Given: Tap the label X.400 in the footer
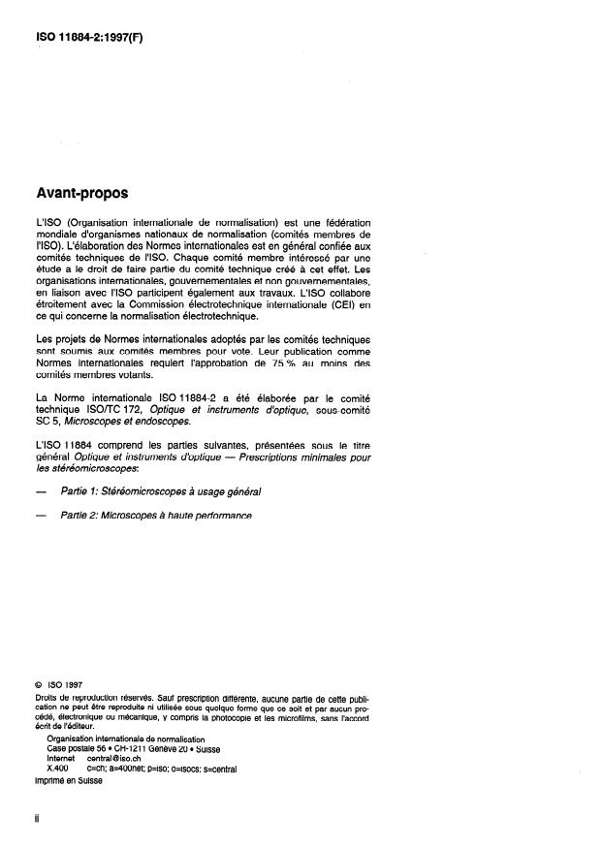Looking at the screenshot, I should click(x=57, y=769).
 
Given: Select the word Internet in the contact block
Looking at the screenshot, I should click(x=62, y=759).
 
